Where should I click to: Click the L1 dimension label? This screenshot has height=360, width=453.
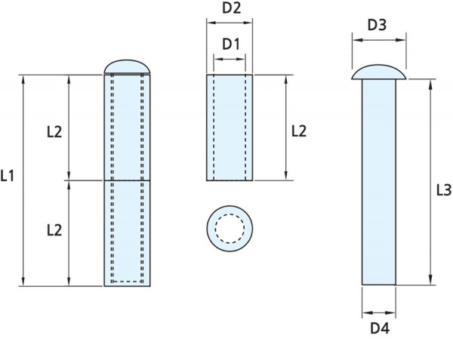[x=10, y=178]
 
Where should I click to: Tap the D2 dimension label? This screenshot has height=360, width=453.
[x=230, y=10]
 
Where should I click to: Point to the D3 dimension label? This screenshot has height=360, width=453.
[x=377, y=26]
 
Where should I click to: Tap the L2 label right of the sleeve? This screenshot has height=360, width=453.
[x=299, y=131]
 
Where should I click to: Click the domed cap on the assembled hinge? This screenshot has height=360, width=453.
[x=128, y=67]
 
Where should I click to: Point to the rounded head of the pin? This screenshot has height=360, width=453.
[x=379, y=72]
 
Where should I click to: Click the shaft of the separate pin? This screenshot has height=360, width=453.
[x=379, y=181]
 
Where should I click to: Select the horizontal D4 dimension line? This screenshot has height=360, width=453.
[x=379, y=311]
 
